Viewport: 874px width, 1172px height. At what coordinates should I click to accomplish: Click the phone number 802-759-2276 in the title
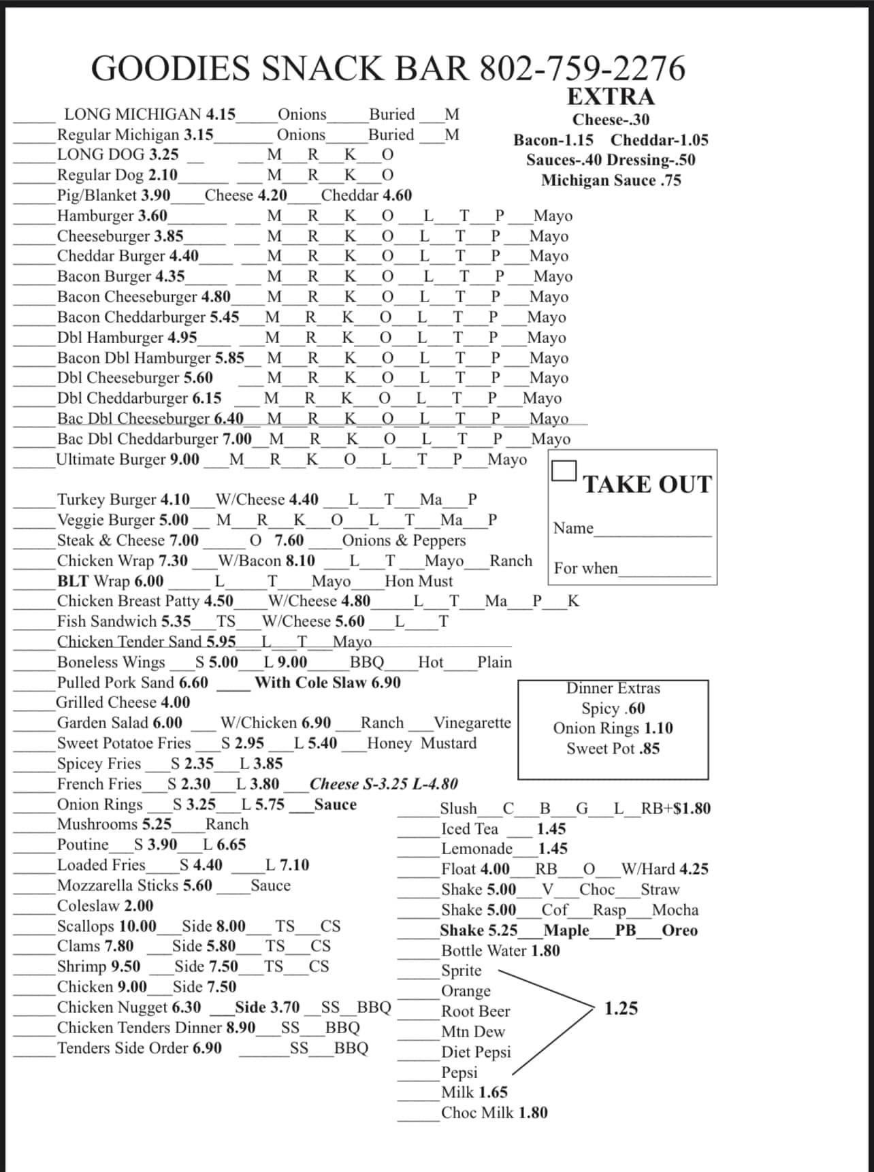(583, 68)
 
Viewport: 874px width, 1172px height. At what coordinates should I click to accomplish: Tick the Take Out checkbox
(564, 471)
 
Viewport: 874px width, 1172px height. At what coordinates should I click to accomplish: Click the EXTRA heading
(611, 97)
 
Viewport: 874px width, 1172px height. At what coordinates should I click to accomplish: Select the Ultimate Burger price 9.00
(184, 459)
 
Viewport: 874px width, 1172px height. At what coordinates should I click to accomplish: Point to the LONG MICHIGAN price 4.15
(221, 114)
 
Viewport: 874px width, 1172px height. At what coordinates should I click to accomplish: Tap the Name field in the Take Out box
(651, 530)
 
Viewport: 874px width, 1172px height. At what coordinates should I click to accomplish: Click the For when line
(664, 570)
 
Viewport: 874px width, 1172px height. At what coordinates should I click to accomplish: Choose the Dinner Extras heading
(613, 688)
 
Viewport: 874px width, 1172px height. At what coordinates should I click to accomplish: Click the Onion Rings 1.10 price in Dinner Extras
(658, 728)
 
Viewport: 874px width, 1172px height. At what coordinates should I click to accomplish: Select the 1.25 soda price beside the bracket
(621, 1008)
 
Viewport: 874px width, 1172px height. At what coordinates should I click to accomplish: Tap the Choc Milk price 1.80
(533, 1113)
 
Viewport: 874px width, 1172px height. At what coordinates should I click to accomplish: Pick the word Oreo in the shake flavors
(679, 930)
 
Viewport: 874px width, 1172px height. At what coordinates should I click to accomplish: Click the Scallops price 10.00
(137, 926)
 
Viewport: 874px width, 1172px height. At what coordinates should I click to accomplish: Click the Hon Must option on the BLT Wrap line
(419, 581)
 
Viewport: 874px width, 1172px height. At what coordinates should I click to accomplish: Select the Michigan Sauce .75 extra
(611, 180)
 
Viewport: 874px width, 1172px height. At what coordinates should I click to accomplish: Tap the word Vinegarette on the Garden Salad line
(472, 723)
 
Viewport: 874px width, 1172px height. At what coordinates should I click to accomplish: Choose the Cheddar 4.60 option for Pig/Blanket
(366, 196)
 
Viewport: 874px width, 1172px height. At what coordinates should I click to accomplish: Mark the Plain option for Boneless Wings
(494, 662)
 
